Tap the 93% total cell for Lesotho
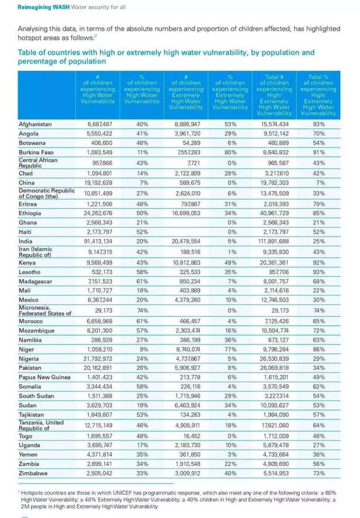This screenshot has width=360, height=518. (x=319, y=272)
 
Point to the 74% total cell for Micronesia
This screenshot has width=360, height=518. (x=319, y=311)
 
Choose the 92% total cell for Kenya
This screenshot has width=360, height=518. (x=319, y=263)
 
